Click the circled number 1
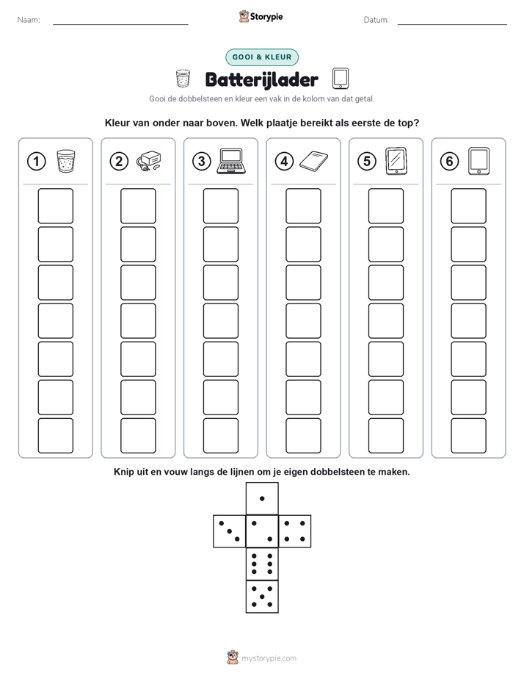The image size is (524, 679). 36,162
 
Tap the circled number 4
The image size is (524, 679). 284,162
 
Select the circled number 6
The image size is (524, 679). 449,162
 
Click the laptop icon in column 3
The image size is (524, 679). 233,161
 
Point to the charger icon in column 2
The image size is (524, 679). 149,162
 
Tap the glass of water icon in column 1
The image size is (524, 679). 66,161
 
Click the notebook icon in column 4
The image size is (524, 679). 313,161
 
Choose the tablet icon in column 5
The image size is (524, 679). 396,161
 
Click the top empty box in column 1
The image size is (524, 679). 55,206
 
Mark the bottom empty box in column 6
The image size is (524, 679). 468,436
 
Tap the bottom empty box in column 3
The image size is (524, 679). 220,436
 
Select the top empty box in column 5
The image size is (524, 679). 385,206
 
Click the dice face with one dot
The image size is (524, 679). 262,498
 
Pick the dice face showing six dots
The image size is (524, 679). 262,564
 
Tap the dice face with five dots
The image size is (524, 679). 262,597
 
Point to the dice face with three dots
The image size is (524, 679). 230,531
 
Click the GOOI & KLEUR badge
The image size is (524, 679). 262,57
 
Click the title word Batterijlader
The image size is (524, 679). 261,79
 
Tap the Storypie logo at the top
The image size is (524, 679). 261,17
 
